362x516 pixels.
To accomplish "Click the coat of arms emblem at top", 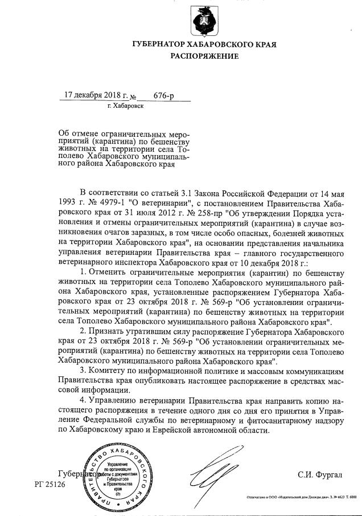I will tap(203, 20).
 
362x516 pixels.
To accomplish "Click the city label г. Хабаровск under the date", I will tap(125, 106).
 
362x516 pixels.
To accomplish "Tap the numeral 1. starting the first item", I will tap(83, 275).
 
